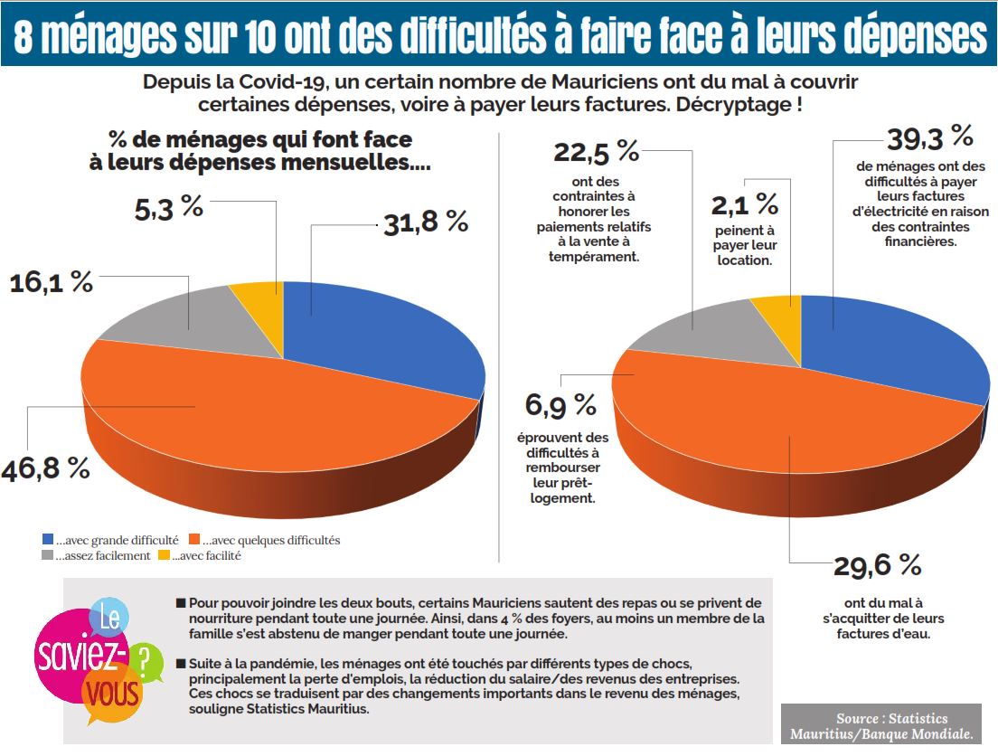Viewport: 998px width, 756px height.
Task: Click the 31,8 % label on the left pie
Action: pos(426,222)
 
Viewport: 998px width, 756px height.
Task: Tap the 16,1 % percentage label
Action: pos(52,282)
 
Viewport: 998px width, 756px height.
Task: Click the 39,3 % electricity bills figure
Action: pos(930,137)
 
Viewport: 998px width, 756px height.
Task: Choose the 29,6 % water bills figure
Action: pos(878,566)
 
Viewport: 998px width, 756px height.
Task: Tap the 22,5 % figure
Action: pos(596,152)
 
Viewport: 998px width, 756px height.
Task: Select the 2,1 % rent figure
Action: pos(744,204)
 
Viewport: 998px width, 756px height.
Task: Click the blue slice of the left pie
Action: pos(380,335)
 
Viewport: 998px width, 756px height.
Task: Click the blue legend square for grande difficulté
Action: pos(48,540)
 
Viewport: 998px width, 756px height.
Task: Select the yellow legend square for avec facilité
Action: pos(164,556)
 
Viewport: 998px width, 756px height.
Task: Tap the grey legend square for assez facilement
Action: pos(48,556)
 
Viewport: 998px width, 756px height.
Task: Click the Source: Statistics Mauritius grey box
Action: pos(880,724)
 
